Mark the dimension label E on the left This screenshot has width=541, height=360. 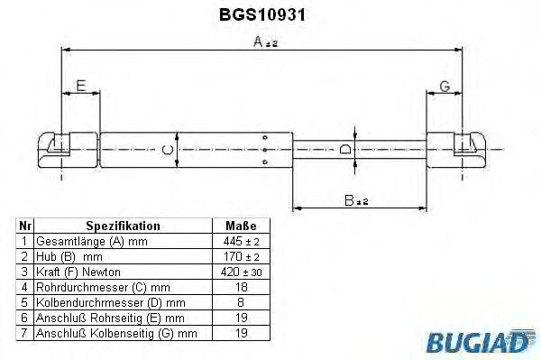pyautogui.click(x=81, y=87)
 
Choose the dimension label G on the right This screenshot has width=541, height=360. pyautogui.click(x=444, y=87)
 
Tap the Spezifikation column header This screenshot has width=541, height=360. pyautogui.click(x=123, y=226)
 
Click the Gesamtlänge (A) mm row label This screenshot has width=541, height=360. pyautogui.click(x=88, y=242)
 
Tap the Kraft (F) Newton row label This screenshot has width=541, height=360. pyautogui.click(x=78, y=271)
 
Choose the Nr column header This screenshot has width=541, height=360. pyautogui.click(x=26, y=226)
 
